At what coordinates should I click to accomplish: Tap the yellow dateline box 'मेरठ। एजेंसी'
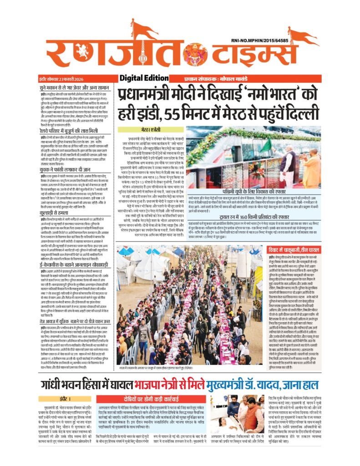click(x=145, y=130)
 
